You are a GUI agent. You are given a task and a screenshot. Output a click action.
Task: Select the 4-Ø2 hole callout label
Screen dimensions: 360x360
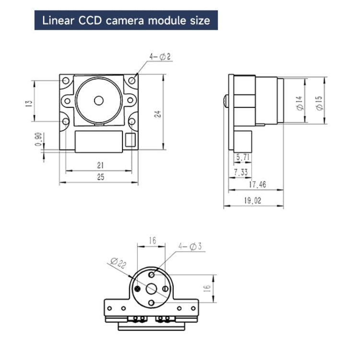coord(160,57)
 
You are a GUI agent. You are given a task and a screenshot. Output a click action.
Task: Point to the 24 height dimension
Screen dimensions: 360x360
coord(157,114)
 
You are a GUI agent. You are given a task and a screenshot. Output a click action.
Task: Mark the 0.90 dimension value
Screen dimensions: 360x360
coord(38,139)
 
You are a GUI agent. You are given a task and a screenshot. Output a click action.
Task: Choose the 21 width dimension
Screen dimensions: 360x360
coord(100,165)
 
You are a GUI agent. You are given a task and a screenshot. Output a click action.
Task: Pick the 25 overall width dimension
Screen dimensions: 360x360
coord(100,177)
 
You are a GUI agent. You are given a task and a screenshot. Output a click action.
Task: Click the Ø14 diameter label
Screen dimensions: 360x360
coord(299,103)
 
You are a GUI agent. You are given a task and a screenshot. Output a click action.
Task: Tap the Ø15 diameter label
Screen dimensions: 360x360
coord(319,102)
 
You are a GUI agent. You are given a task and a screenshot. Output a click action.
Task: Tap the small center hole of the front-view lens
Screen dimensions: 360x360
coord(99,100)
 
